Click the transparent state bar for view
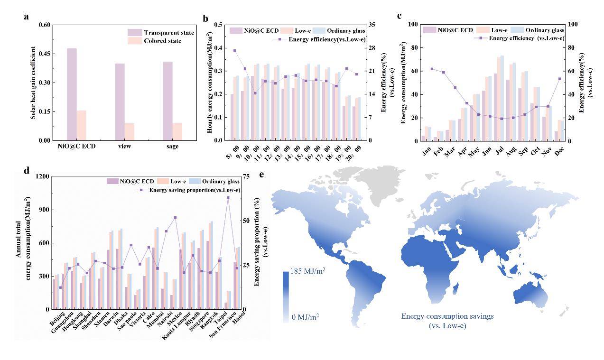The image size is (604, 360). pyautogui.click(x=120, y=102)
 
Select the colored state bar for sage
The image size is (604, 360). pyautogui.click(x=177, y=132)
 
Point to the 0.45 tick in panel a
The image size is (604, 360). pyautogui.click(x=42, y=54)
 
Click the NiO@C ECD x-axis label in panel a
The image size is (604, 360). pyautogui.click(x=76, y=147)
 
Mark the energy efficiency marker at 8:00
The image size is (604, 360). pyautogui.click(x=234, y=51)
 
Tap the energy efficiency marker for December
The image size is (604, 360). pyautogui.click(x=559, y=79)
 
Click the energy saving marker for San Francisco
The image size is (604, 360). pyautogui.click(x=228, y=198)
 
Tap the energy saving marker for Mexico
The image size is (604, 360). pyautogui.click(x=175, y=218)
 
